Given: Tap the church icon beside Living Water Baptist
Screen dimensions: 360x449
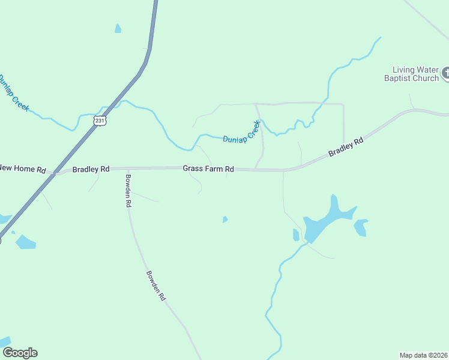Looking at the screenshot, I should [x=445, y=74].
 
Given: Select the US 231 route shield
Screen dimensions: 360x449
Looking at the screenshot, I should [x=100, y=121].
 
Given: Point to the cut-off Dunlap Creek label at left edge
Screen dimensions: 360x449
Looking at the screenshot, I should [x=13, y=92].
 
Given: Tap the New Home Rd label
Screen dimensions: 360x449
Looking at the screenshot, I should [x=23, y=169].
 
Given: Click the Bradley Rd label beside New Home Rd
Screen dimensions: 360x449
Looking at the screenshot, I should [x=91, y=169].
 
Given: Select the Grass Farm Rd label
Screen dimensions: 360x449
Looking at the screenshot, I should [x=208, y=170].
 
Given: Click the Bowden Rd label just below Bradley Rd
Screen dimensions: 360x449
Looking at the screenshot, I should [x=128, y=190].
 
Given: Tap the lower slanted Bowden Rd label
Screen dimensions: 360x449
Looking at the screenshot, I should [x=155, y=286].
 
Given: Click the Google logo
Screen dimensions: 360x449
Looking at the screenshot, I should [x=19, y=353].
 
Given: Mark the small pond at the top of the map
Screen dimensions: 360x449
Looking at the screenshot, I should [x=118, y=28].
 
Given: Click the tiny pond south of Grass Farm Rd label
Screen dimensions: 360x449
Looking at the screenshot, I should [x=225, y=220].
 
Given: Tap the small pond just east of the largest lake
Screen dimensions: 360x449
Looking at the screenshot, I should [x=360, y=227].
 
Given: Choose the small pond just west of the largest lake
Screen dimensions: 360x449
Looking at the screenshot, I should [x=296, y=235].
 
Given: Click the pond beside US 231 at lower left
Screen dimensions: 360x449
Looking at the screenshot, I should [x=25, y=242].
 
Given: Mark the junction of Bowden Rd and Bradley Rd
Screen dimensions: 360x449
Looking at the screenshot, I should [x=127, y=169].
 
